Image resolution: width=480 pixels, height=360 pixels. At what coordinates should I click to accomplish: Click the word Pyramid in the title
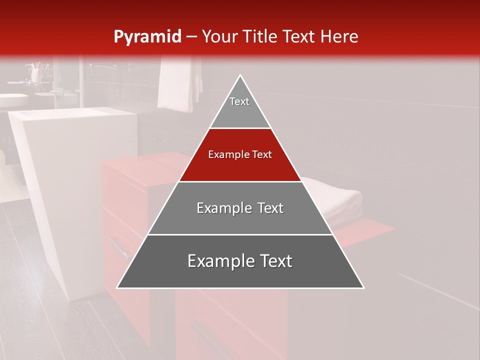[x=147, y=37]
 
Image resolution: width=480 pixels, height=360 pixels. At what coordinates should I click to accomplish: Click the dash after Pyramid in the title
[x=191, y=37]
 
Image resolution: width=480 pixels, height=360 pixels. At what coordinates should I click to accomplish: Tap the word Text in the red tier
[x=261, y=155]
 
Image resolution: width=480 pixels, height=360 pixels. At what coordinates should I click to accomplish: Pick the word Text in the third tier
[x=270, y=208]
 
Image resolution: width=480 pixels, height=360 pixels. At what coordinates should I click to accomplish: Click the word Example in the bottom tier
[x=217, y=261]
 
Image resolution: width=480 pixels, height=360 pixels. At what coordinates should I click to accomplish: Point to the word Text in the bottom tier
[x=276, y=261]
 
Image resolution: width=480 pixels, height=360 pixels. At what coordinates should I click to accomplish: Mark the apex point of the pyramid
[x=240, y=75]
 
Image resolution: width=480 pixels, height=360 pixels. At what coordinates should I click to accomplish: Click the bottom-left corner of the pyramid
[x=117, y=288]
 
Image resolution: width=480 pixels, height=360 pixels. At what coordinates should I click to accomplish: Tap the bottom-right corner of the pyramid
[x=363, y=288]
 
